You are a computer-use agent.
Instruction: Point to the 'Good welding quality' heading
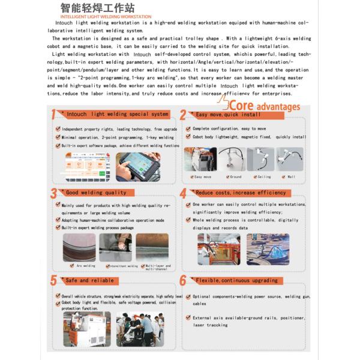[96, 193]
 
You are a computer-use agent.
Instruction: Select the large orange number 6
[183, 281]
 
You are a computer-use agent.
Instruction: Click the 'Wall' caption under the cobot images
[291, 177]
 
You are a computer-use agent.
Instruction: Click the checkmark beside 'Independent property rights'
[58, 129]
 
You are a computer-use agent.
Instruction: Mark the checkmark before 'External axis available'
[188, 317]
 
